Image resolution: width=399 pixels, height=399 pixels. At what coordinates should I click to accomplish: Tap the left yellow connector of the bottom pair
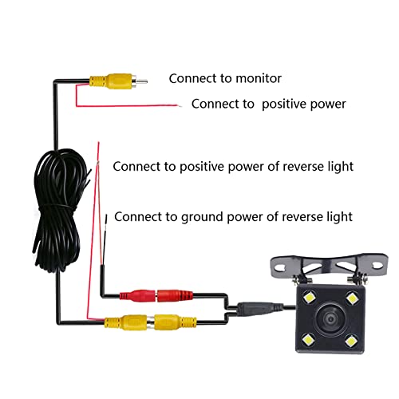[x=124, y=323]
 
